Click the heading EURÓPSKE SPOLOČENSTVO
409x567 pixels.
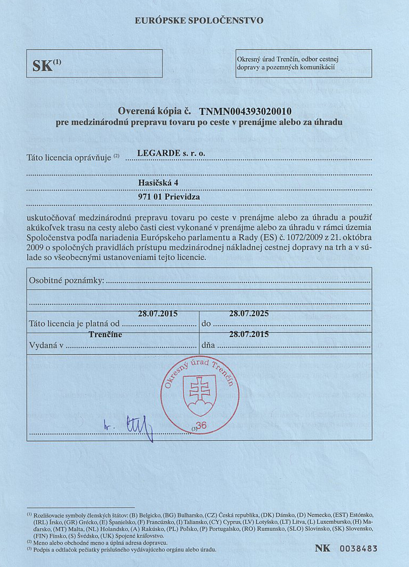(199, 20)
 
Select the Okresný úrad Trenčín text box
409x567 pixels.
(303, 63)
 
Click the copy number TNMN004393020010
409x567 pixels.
(245, 112)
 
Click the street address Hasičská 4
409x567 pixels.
(158, 183)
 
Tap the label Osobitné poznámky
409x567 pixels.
(66, 281)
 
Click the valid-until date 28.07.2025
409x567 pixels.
(248, 313)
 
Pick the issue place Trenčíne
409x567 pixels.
(105, 335)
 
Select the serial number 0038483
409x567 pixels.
(358, 549)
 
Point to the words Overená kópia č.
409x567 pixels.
(154, 112)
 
